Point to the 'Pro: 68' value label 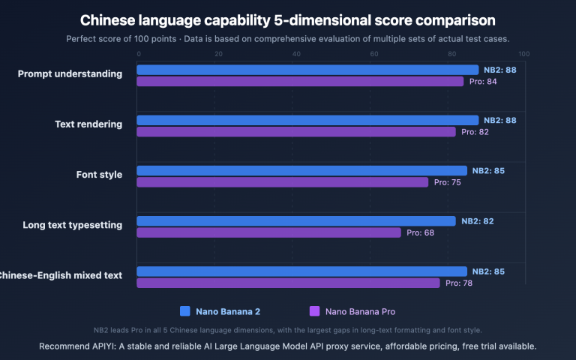420,232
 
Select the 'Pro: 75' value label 448,182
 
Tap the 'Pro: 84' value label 481,81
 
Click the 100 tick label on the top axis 523,54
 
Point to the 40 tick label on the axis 296,54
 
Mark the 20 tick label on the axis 218,54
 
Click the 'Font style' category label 99,175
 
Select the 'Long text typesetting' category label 72,225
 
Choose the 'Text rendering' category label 88,124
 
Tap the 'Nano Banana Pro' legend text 360,311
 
